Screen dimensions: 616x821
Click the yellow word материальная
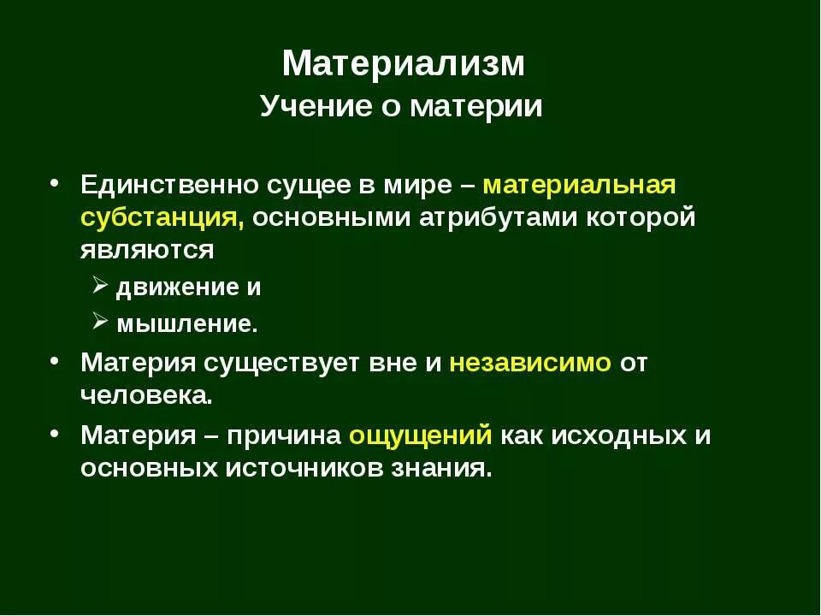(579, 185)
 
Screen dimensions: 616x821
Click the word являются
(146, 250)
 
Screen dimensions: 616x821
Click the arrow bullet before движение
(98, 287)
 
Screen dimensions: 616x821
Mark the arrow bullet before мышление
(98, 323)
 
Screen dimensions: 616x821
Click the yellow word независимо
(530, 362)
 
